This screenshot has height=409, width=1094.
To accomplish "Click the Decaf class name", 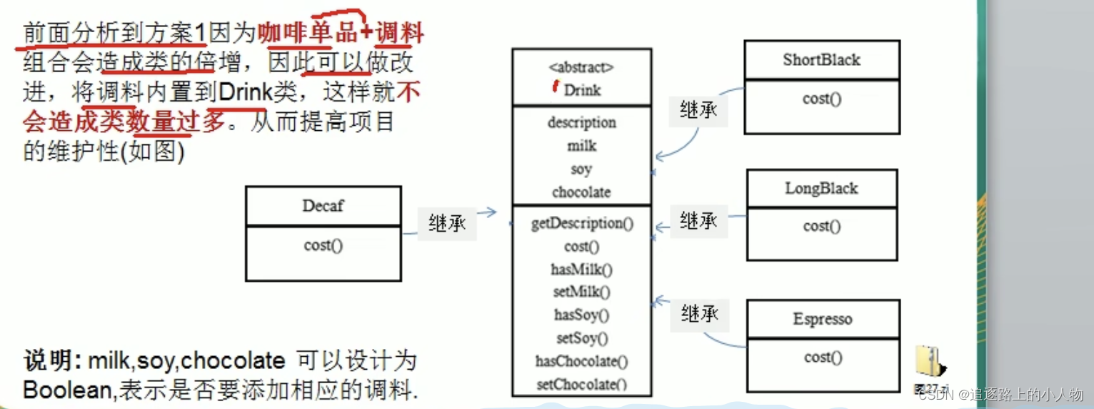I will tap(323, 206).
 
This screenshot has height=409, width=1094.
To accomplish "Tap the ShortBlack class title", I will tap(821, 60).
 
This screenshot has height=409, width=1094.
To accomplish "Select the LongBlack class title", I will tap(821, 189).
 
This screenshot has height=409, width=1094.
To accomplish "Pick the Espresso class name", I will tap(822, 319).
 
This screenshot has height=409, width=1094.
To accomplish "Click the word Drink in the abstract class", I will tap(582, 90).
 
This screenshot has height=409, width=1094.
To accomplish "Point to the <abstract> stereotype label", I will tap(581, 68).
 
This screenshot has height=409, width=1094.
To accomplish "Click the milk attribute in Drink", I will tap(581, 146).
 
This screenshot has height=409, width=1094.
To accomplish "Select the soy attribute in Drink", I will tap(581, 169).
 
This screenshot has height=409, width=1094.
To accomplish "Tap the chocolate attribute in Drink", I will tap(581, 192).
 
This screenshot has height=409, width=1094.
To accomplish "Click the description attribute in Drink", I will tap(581, 122).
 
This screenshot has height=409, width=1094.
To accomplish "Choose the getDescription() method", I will tap(582, 223).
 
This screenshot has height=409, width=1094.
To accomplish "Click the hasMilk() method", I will tap(582, 270).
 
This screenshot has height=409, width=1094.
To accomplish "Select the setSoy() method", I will tap(582, 338).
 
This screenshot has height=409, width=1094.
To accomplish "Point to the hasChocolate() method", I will tap(582, 361).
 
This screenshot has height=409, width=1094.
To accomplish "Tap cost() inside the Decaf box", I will tap(323, 245).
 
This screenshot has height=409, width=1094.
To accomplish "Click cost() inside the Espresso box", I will tap(822, 358).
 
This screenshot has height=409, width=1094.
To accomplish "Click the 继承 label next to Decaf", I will tap(447, 223).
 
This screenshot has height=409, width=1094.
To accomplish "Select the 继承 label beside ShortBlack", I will tap(698, 111).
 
